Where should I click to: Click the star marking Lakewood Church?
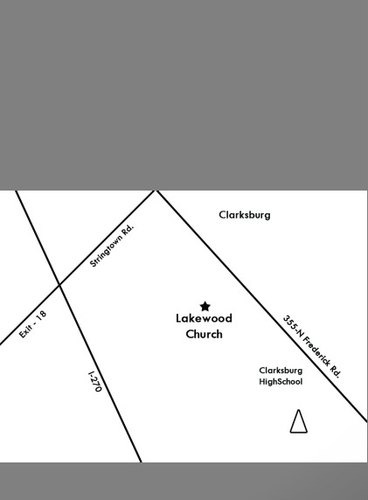[x=205, y=307]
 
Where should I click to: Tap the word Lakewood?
[x=204, y=318]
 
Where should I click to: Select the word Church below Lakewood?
[x=204, y=334]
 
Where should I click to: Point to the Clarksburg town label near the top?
[x=245, y=215]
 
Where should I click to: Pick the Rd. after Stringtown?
[x=128, y=229]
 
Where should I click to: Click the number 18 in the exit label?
[x=42, y=316]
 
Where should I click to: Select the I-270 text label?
[x=94, y=381]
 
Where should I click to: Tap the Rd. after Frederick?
[x=336, y=372]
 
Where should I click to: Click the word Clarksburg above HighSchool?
[x=281, y=371]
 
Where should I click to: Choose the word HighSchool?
[x=281, y=381]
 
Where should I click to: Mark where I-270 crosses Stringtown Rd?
[x=59, y=285]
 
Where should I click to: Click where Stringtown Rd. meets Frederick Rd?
[x=156, y=191]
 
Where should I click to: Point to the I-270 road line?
[x=79, y=326]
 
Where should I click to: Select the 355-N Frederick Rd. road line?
[x=261, y=306]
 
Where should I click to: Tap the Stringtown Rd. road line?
[x=77, y=267]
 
